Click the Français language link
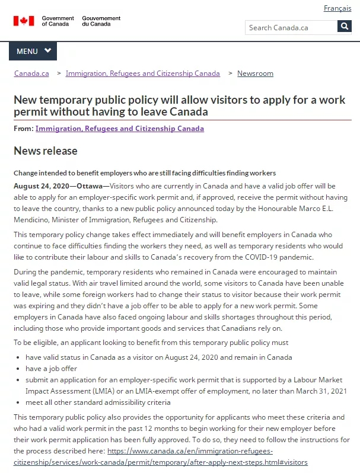[337, 8]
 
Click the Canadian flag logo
[24, 21]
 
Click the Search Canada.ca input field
[291, 27]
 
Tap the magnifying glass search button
[345, 27]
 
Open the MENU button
[33, 52]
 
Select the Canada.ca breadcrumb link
[31, 73]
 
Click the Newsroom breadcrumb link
[255, 73]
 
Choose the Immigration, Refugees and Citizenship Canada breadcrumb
[142, 73]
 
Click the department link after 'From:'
[119, 129]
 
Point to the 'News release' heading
[46, 151]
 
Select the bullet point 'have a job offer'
[52, 369]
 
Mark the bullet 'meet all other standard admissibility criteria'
[98, 402]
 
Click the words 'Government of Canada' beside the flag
[58, 21]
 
